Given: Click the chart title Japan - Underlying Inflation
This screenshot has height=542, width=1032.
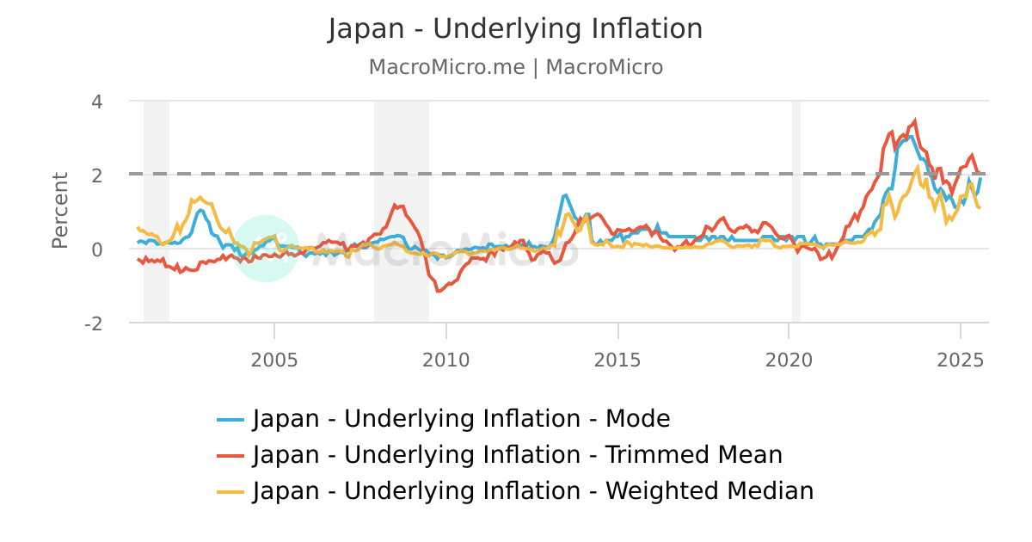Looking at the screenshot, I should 515,29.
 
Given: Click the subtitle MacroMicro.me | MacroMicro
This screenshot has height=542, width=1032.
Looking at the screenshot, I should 515,67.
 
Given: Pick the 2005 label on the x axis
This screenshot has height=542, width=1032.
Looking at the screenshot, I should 274,359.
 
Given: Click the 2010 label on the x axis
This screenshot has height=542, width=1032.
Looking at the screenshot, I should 445,359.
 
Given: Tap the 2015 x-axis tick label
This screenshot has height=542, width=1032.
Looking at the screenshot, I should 617,359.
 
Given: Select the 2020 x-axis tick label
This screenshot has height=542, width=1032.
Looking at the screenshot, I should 789,359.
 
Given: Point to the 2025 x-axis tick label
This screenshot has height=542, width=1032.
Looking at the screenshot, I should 960,359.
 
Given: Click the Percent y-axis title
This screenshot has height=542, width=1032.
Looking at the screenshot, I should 60,211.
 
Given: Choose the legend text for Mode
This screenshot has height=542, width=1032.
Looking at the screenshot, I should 461,419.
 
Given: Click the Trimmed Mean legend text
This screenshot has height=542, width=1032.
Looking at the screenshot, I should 518,455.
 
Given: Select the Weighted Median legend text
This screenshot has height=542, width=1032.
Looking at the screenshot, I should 533,491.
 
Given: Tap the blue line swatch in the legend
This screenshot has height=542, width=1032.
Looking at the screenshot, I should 230,420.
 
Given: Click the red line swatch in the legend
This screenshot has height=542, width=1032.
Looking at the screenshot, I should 230,456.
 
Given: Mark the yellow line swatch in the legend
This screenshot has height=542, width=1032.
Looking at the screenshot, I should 230,492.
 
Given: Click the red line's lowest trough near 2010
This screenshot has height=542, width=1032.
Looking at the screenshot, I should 438,291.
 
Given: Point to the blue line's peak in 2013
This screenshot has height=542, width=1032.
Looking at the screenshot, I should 565,195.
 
